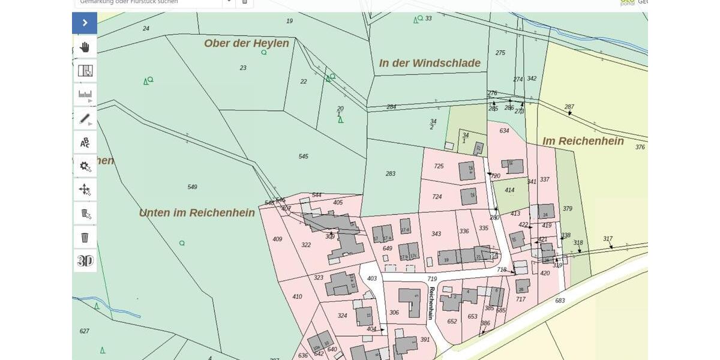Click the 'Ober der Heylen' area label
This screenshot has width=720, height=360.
[246, 43]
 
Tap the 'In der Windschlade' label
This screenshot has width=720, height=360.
[430, 63]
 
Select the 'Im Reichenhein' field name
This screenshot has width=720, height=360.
[583, 141]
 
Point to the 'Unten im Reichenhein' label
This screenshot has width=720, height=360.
[197, 212]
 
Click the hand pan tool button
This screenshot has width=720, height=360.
[85, 47]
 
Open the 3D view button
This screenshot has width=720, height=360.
[85, 260]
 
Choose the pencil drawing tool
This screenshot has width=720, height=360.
[85, 118]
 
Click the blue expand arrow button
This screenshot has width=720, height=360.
[85, 23]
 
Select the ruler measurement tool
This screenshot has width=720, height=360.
[85, 94]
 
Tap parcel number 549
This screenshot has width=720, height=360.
[192, 187]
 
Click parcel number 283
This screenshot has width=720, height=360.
[391, 174]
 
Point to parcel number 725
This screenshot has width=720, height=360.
[439, 166]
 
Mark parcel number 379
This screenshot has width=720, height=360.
[568, 209]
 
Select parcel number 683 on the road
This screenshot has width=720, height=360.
[560, 301]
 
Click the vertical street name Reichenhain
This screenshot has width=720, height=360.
[431, 303]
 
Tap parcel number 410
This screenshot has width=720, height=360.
[297, 296]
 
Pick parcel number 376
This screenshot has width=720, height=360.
[640, 147]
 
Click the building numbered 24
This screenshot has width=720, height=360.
[545, 214]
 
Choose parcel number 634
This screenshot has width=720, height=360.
[504, 131]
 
